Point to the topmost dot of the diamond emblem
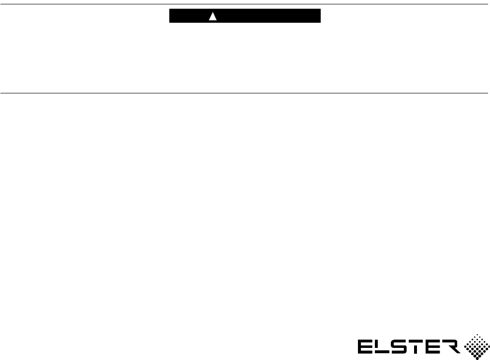click(476, 334)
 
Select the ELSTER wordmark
click(407, 346)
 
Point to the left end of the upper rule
click(1, 4)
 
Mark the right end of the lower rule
click(488, 93)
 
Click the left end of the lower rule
click(1, 93)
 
